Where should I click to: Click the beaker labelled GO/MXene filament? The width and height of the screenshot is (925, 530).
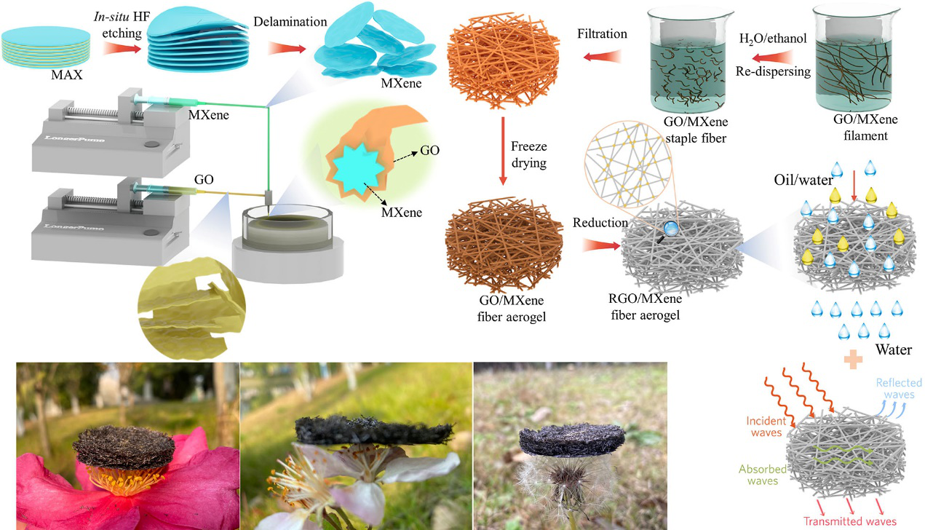pyautogui.click(x=867, y=68)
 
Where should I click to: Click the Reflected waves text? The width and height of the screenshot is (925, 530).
pyautogui.click(x=899, y=389)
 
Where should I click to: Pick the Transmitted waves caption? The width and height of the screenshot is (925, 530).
pyautogui.click(x=850, y=521)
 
